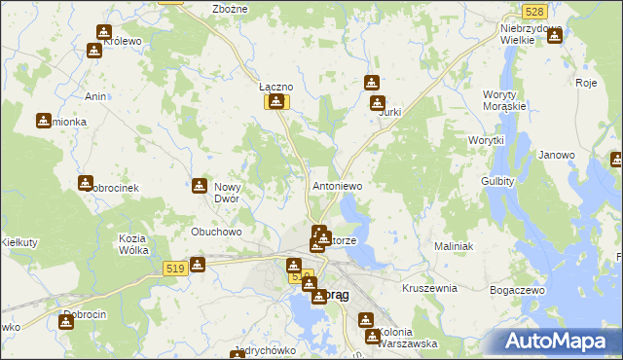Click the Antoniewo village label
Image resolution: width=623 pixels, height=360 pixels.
pos(337,185)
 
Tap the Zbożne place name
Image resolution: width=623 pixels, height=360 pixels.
pos(230,9)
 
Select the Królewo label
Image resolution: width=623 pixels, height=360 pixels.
pos(123,43)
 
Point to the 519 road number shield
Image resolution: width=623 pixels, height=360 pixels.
pos(175,269)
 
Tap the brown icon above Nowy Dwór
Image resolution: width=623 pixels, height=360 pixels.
pos(201,186)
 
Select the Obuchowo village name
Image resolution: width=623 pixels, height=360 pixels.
pos(216,233)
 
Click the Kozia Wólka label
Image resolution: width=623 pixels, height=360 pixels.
pos(132,244)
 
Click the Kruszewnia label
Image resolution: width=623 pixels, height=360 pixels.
pos(429,288)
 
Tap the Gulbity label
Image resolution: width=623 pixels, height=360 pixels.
pos(496,182)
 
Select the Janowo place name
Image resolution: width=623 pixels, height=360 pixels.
pos(557,155)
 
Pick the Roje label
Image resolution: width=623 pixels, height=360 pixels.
pos(585,83)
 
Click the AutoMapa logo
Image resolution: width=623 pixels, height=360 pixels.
pos(558,342)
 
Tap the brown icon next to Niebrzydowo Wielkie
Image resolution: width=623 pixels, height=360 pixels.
pos(555,37)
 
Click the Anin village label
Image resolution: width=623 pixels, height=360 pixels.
pos(95,96)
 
